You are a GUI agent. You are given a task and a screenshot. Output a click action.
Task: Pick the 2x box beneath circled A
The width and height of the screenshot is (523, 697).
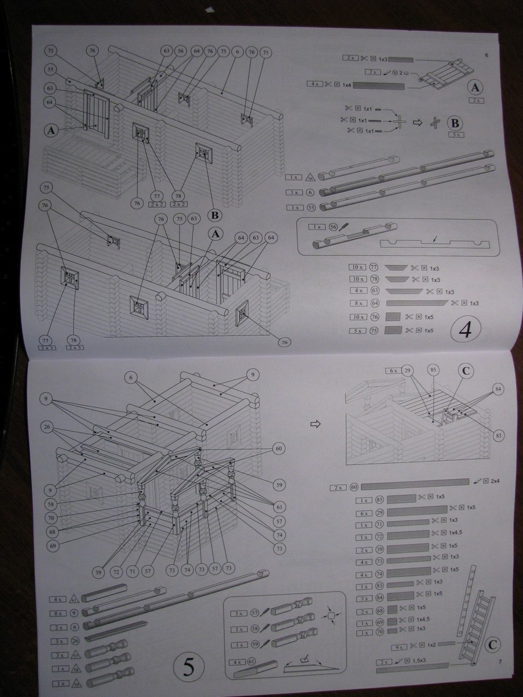coord(475,100)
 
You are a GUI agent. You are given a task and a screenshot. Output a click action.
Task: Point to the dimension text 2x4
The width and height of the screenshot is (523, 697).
coord(495,482)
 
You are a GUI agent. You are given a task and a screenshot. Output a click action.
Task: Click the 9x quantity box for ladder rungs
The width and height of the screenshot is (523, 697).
coord(397,645)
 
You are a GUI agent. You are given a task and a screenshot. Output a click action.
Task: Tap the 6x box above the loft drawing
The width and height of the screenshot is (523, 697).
coord(393,370)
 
